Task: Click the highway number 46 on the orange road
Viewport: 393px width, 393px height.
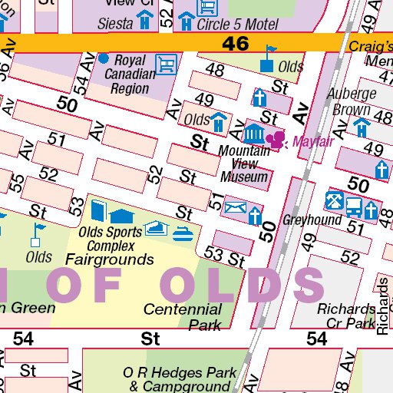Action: tap(236, 44)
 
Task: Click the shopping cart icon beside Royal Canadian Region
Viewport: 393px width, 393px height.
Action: tap(166, 63)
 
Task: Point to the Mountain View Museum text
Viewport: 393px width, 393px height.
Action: tap(244, 163)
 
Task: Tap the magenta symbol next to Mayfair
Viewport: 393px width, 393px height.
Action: tap(276, 139)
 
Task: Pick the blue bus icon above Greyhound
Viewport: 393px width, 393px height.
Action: tap(354, 205)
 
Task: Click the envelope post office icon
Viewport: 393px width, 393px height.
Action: tap(235, 207)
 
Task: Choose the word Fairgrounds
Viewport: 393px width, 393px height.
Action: tap(109, 259)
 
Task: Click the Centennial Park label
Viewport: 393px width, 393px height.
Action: tap(183, 317)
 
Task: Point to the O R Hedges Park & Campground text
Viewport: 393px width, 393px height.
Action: tap(180, 379)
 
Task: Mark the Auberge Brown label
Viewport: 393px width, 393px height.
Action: tap(352, 101)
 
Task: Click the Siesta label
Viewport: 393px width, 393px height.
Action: tap(115, 23)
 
